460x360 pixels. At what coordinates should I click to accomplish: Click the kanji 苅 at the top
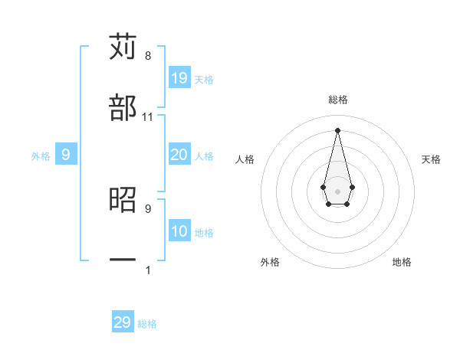pos(123,47)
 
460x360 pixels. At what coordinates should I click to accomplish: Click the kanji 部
pos(123,108)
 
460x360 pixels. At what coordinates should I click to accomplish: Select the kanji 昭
pos(123,200)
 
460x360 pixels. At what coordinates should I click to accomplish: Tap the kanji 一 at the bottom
pos(123,260)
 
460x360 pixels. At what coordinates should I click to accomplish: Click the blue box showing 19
pos(179,77)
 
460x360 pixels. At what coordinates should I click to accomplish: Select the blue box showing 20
pos(179,155)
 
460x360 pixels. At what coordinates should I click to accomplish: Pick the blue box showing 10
pos(179,231)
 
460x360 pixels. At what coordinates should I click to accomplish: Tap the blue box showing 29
pos(123,322)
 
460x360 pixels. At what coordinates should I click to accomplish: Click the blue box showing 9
pos(66,155)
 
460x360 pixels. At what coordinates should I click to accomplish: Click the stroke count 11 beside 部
pos(148,117)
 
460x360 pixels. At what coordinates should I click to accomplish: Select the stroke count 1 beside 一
pos(148,270)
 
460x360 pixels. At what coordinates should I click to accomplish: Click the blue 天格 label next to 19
pos(204,79)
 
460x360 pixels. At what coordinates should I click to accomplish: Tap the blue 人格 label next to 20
pos(204,156)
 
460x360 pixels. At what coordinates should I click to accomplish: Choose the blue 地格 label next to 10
pos(204,232)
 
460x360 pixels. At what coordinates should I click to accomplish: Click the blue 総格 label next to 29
pos(147,324)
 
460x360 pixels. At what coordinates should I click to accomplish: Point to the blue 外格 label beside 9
pos(41,156)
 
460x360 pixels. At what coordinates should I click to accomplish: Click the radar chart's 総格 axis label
pos(338,100)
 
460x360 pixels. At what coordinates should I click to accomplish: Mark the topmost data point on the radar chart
pos(337,130)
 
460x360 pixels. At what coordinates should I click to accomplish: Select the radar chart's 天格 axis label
pos(432,159)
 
